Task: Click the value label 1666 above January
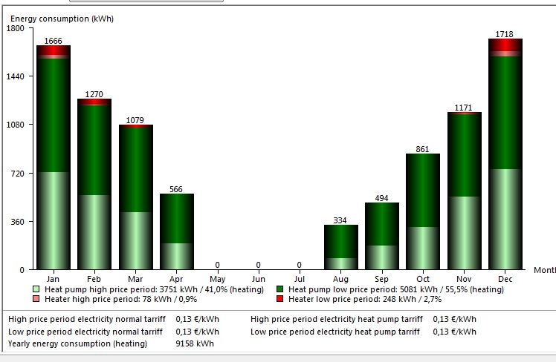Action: tap(54, 41)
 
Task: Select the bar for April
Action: tap(177, 231)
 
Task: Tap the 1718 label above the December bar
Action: tap(505, 34)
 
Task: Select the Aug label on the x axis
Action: tap(341, 278)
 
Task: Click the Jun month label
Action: tap(259, 278)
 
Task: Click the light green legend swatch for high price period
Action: tap(36, 289)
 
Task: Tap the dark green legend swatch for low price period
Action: tap(279, 289)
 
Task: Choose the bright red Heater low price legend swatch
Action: tap(279, 300)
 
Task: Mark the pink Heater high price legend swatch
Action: tap(36, 300)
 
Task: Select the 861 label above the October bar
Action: tap(423, 149)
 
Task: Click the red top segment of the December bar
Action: tap(505, 45)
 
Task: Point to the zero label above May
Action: tap(218, 265)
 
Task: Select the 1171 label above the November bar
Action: tap(464, 108)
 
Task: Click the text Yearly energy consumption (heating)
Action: tap(77, 343)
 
